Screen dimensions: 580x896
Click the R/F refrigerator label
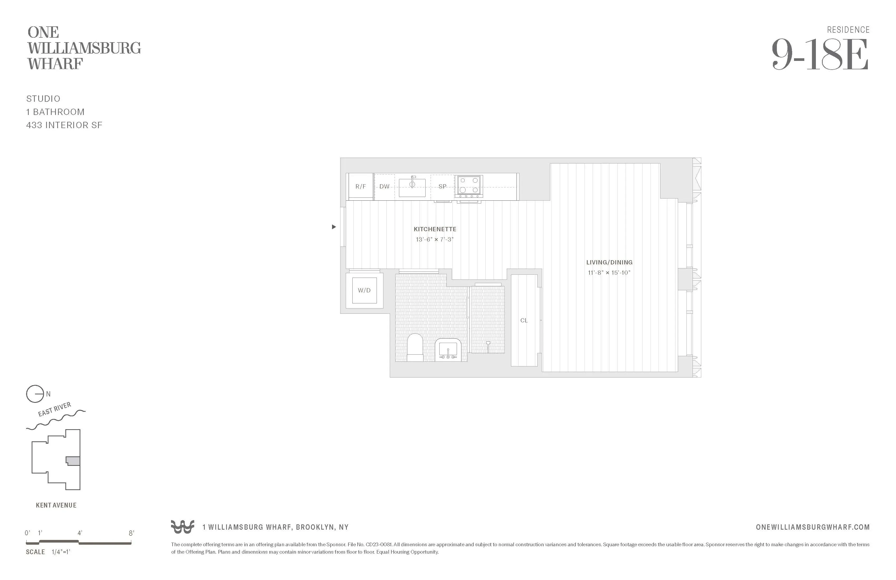coord(360,186)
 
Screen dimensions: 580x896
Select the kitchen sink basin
coord(412,187)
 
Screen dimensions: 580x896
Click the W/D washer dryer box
coord(364,290)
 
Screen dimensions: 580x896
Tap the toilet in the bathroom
coord(415,347)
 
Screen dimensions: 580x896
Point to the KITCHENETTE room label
coord(435,229)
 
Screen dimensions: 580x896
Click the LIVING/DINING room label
coord(609,262)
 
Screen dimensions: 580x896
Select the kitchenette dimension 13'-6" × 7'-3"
coord(435,240)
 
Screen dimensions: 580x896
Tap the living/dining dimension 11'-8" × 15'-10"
coord(609,273)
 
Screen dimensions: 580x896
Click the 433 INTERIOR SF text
coord(64,125)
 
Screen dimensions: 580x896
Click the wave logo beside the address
coord(183,527)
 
